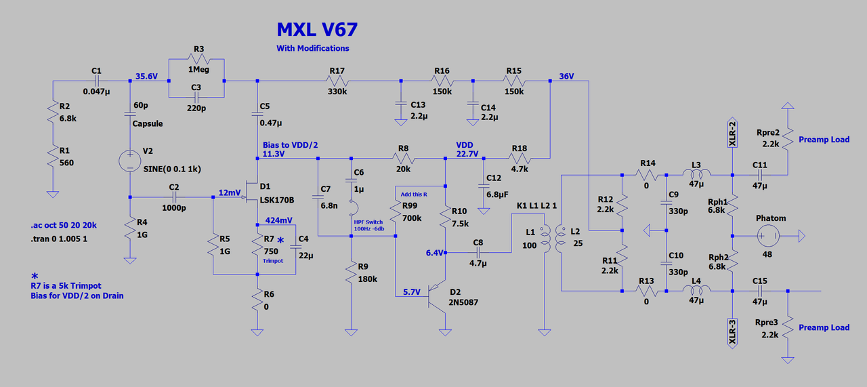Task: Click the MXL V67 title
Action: click(x=316, y=30)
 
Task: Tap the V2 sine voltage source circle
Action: click(x=129, y=161)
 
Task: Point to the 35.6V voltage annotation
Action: click(x=146, y=77)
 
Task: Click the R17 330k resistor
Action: click(x=337, y=81)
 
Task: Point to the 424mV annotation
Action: click(x=278, y=220)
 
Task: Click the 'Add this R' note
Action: click(x=414, y=195)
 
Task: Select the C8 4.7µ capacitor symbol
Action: click(x=478, y=252)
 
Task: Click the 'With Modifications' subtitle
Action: click(x=312, y=48)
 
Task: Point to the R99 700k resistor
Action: click(x=396, y=214)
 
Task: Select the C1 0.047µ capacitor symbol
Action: click(x=96, y=81)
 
